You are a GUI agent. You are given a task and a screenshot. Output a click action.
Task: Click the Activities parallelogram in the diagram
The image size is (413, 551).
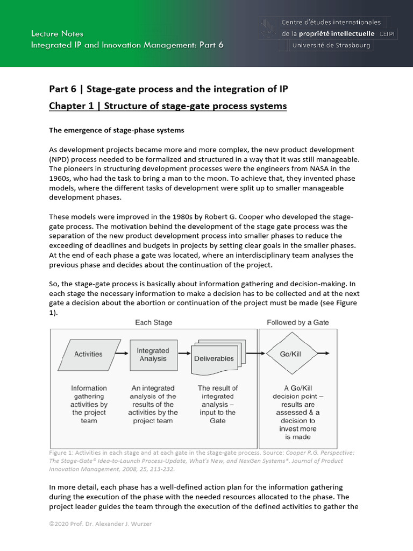click(x=88, y=354)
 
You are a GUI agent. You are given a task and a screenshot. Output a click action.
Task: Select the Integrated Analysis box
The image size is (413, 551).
click(x=153, y=355)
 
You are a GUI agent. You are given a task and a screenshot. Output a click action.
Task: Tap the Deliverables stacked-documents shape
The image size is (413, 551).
click(x=213, y=358)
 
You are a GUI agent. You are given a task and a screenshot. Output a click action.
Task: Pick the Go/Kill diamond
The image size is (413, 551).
click(x=294, y=354)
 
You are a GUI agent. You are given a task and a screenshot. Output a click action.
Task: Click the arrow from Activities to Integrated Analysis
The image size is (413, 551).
click(x=124, y=354)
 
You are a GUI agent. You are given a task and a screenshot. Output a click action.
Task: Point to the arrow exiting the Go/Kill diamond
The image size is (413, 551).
click(x=322, y=354)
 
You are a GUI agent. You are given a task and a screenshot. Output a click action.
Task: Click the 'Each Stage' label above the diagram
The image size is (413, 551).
click(x=153, y=322)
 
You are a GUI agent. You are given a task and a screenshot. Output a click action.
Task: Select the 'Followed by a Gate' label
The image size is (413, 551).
click(x=298, y=322)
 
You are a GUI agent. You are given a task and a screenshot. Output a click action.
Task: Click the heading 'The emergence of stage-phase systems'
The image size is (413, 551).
click(x=117, y=130)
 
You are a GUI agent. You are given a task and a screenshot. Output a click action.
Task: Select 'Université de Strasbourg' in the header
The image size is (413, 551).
click(x=331, y=45)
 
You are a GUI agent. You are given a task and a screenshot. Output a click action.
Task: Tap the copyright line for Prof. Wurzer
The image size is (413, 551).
click(x=101, y=524)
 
